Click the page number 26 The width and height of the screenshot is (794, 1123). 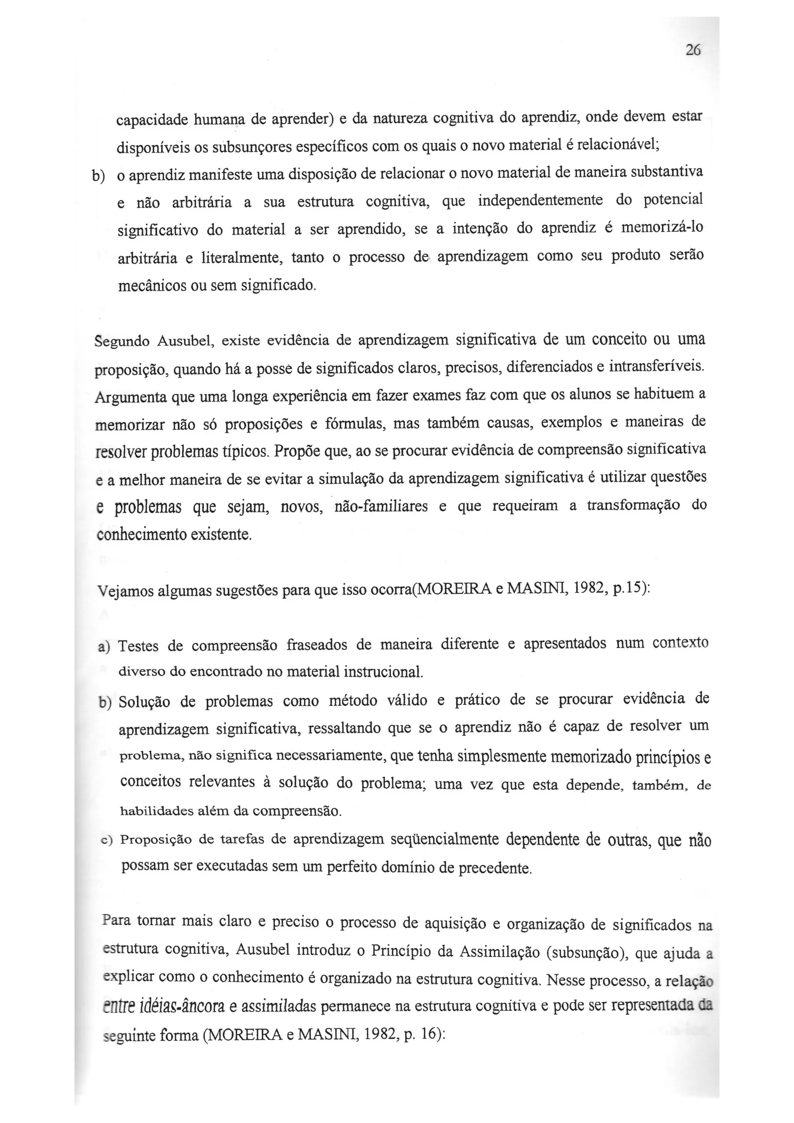click(693, 50)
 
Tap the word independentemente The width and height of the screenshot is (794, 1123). click(540, 200)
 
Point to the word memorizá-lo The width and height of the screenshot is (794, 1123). click(661, 228)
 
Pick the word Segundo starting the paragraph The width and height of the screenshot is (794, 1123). click(122, 341)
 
